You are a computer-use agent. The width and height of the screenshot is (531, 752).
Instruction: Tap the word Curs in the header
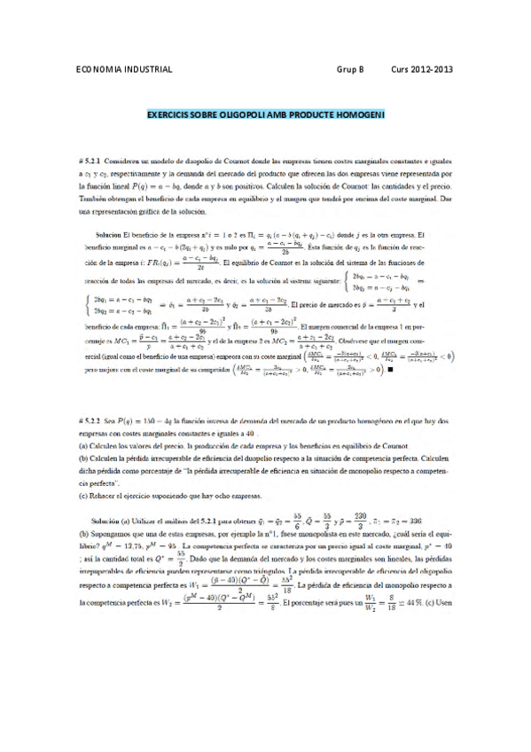pyautogui.click(x=400, y=69)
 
